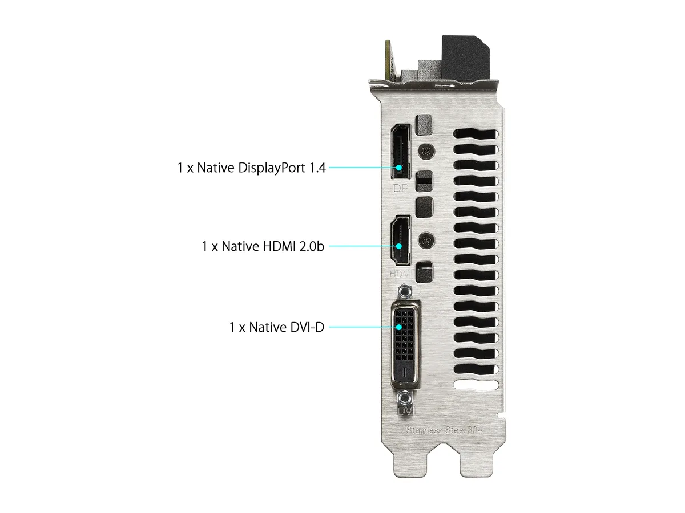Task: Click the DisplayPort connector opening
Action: coord(401,152)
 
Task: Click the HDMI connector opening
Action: coord(400,240)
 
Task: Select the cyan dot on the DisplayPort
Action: coord(398,168)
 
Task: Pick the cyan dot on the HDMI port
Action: coord(398,246)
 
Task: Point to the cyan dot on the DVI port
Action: coord(398,327)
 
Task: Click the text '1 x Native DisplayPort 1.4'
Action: coord(251,168)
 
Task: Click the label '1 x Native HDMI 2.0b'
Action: coord(263,246)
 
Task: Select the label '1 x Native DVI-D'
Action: coord(276,327)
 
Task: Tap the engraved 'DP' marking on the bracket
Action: coord(400,188)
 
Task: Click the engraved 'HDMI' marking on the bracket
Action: coord(401,274)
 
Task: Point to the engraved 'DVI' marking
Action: coord(406,411)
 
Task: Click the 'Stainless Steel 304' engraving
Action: coord(444,430)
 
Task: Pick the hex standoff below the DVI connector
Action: coord(405,398)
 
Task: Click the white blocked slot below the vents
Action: coord(476,385)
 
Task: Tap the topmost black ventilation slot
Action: coord(476,134)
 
